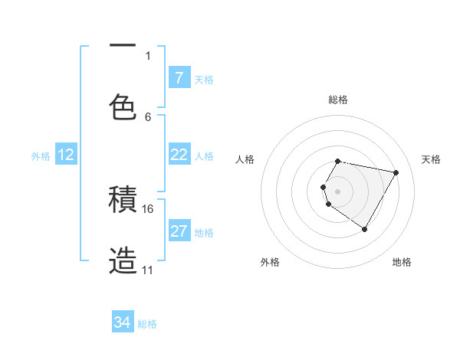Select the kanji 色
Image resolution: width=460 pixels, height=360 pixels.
click(123, 107)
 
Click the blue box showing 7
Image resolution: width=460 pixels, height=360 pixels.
click(179, 77)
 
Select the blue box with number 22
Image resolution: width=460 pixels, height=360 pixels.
click(179, 155)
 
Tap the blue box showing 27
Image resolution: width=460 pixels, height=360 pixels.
click(179, 231)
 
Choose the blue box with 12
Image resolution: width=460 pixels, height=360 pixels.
click(66, 155)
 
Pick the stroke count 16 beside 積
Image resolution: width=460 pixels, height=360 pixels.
click(148, 208)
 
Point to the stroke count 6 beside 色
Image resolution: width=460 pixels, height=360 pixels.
click(148, 116)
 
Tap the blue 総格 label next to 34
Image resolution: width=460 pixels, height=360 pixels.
click(147, 324)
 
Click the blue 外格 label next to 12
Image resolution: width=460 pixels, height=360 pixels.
click(41, 156)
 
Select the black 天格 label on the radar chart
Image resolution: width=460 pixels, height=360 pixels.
click(432, 159)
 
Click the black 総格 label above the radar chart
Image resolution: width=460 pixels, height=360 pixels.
click(338, 100)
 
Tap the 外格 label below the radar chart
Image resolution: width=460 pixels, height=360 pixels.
click(270, 262)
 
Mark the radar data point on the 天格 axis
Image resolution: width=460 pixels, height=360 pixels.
click(396, 172)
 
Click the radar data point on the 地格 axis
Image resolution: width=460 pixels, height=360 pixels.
click(364, 229)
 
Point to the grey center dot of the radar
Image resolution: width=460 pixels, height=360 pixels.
click(338, 191)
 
